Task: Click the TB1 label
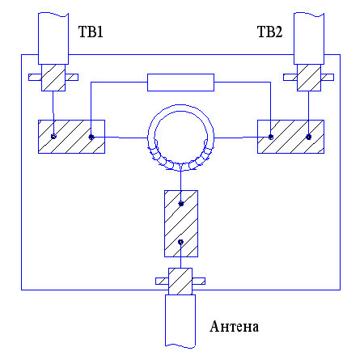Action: pos(91,32)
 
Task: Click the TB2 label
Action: pos(269,32)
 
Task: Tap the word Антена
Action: pos(234,326)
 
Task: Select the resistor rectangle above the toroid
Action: pos(180,83)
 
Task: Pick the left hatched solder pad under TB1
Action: pos(71,137)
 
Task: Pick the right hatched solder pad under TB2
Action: pos(290,137)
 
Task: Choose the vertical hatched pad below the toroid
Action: pos(181,223)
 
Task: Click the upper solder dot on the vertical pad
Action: pos(181,204)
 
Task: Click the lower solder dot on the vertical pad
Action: pos(180,242)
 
